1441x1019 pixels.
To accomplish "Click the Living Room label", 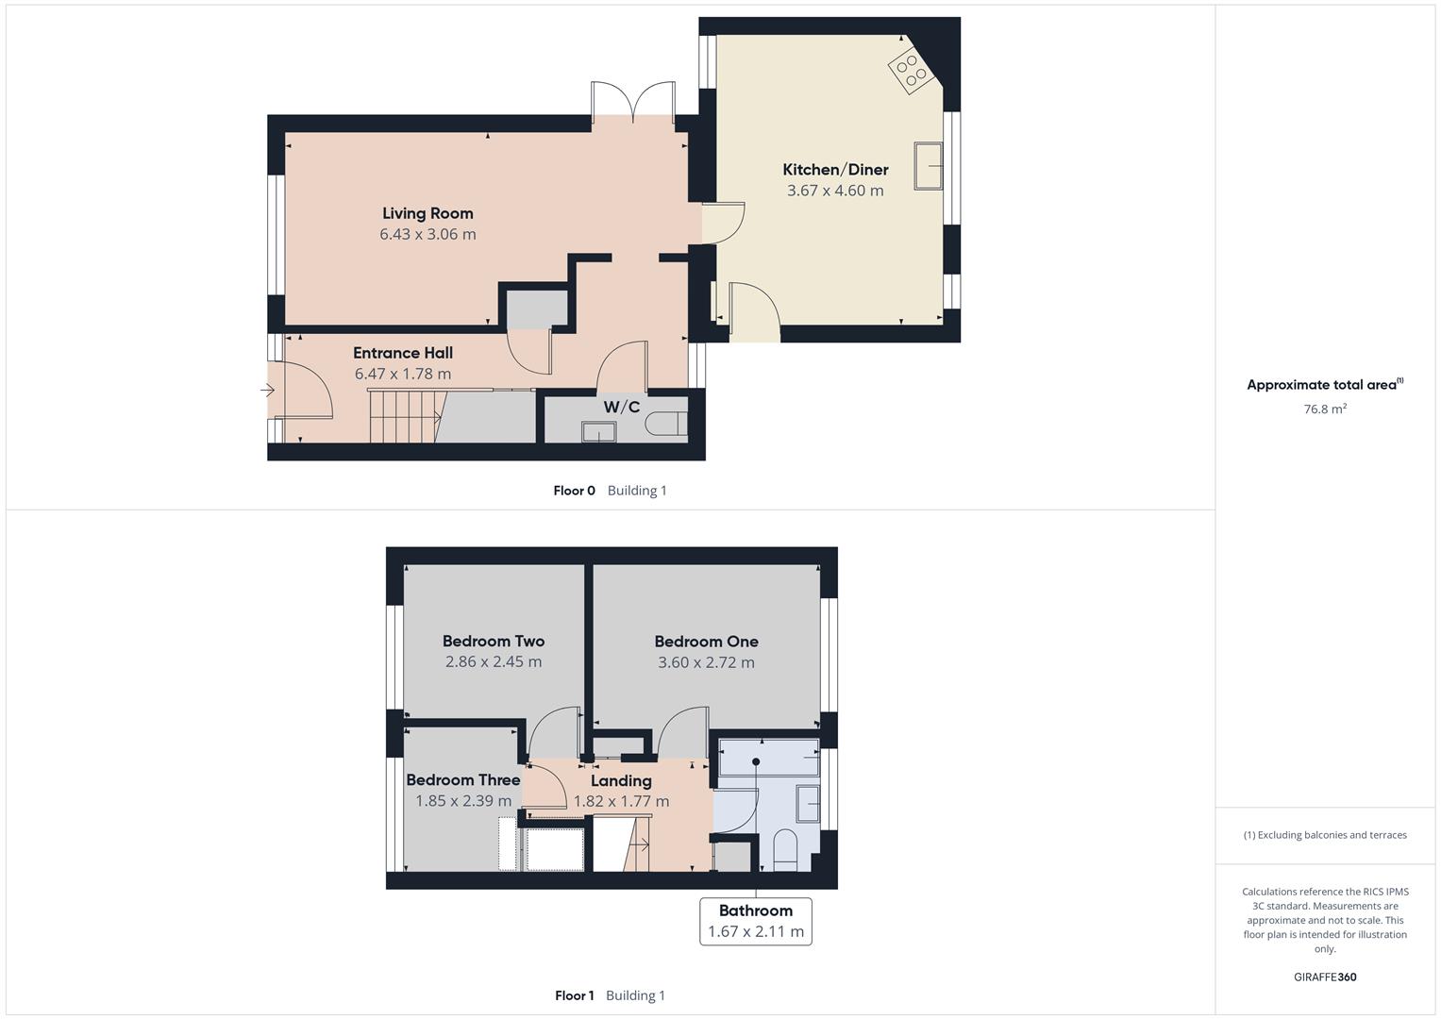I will pos(427,213).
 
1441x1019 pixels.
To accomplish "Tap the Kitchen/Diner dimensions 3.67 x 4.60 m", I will pos(835,191).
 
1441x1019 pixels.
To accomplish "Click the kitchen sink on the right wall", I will pos(929,166).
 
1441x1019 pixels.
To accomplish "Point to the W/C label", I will pos(621,408).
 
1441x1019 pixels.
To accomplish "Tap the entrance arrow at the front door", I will pos(267,390).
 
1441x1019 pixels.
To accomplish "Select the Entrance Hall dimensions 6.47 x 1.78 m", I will pos(403,374).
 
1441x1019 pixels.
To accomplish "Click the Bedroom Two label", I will pos(494,642).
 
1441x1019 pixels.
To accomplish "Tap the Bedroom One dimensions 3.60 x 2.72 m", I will pos(706,662).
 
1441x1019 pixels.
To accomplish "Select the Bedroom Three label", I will pos(462,780).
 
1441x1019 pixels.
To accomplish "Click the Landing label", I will pos(621,781).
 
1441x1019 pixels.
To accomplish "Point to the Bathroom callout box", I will pos(755,921).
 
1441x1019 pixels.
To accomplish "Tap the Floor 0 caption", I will pos(574,491).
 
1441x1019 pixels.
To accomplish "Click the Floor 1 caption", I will pos(574,995).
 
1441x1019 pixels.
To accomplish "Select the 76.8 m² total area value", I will pos(1325,409).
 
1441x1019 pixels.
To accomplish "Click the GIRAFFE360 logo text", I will pos(1325,977).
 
